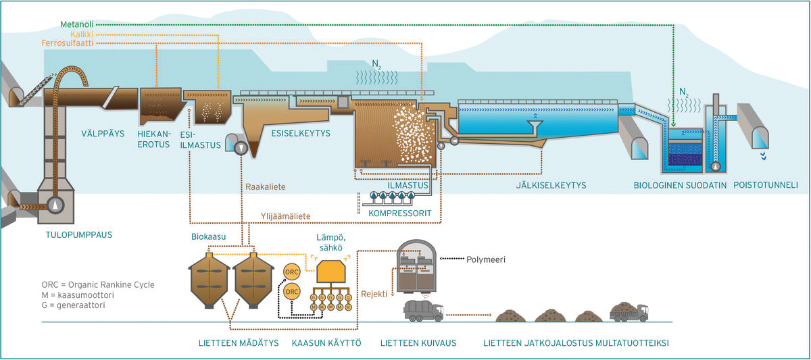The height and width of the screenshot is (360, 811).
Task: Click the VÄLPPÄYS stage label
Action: coord(103,133)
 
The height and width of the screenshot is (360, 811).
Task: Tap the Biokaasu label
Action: coord(210,237)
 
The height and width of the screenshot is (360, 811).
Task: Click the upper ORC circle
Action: coord(292,270)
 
